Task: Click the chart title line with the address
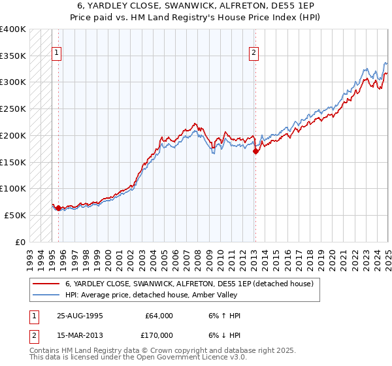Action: pos(195,5)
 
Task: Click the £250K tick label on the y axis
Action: pos(13,108)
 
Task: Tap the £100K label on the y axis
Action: pos(13,188)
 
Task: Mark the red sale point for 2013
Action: pos(255,151)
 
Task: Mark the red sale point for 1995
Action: pos(59,208)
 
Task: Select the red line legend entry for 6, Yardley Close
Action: pos(189,284)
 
